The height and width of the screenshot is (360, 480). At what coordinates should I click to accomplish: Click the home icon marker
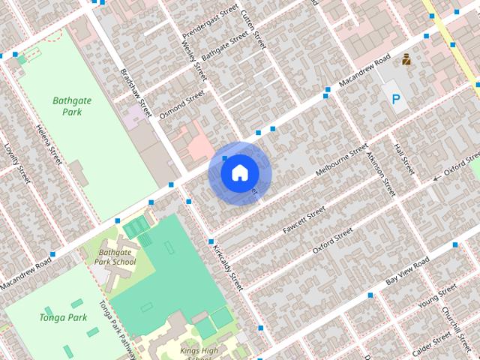[x=238, y=173]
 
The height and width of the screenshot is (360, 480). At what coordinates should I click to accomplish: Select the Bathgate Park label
[x=67, y=106]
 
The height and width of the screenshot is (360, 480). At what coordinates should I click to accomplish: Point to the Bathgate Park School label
[x=117, y=257]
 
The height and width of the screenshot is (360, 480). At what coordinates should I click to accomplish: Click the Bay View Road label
[x=407, y=271]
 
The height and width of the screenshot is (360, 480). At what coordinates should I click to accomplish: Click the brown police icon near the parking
[x=406, y=59]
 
